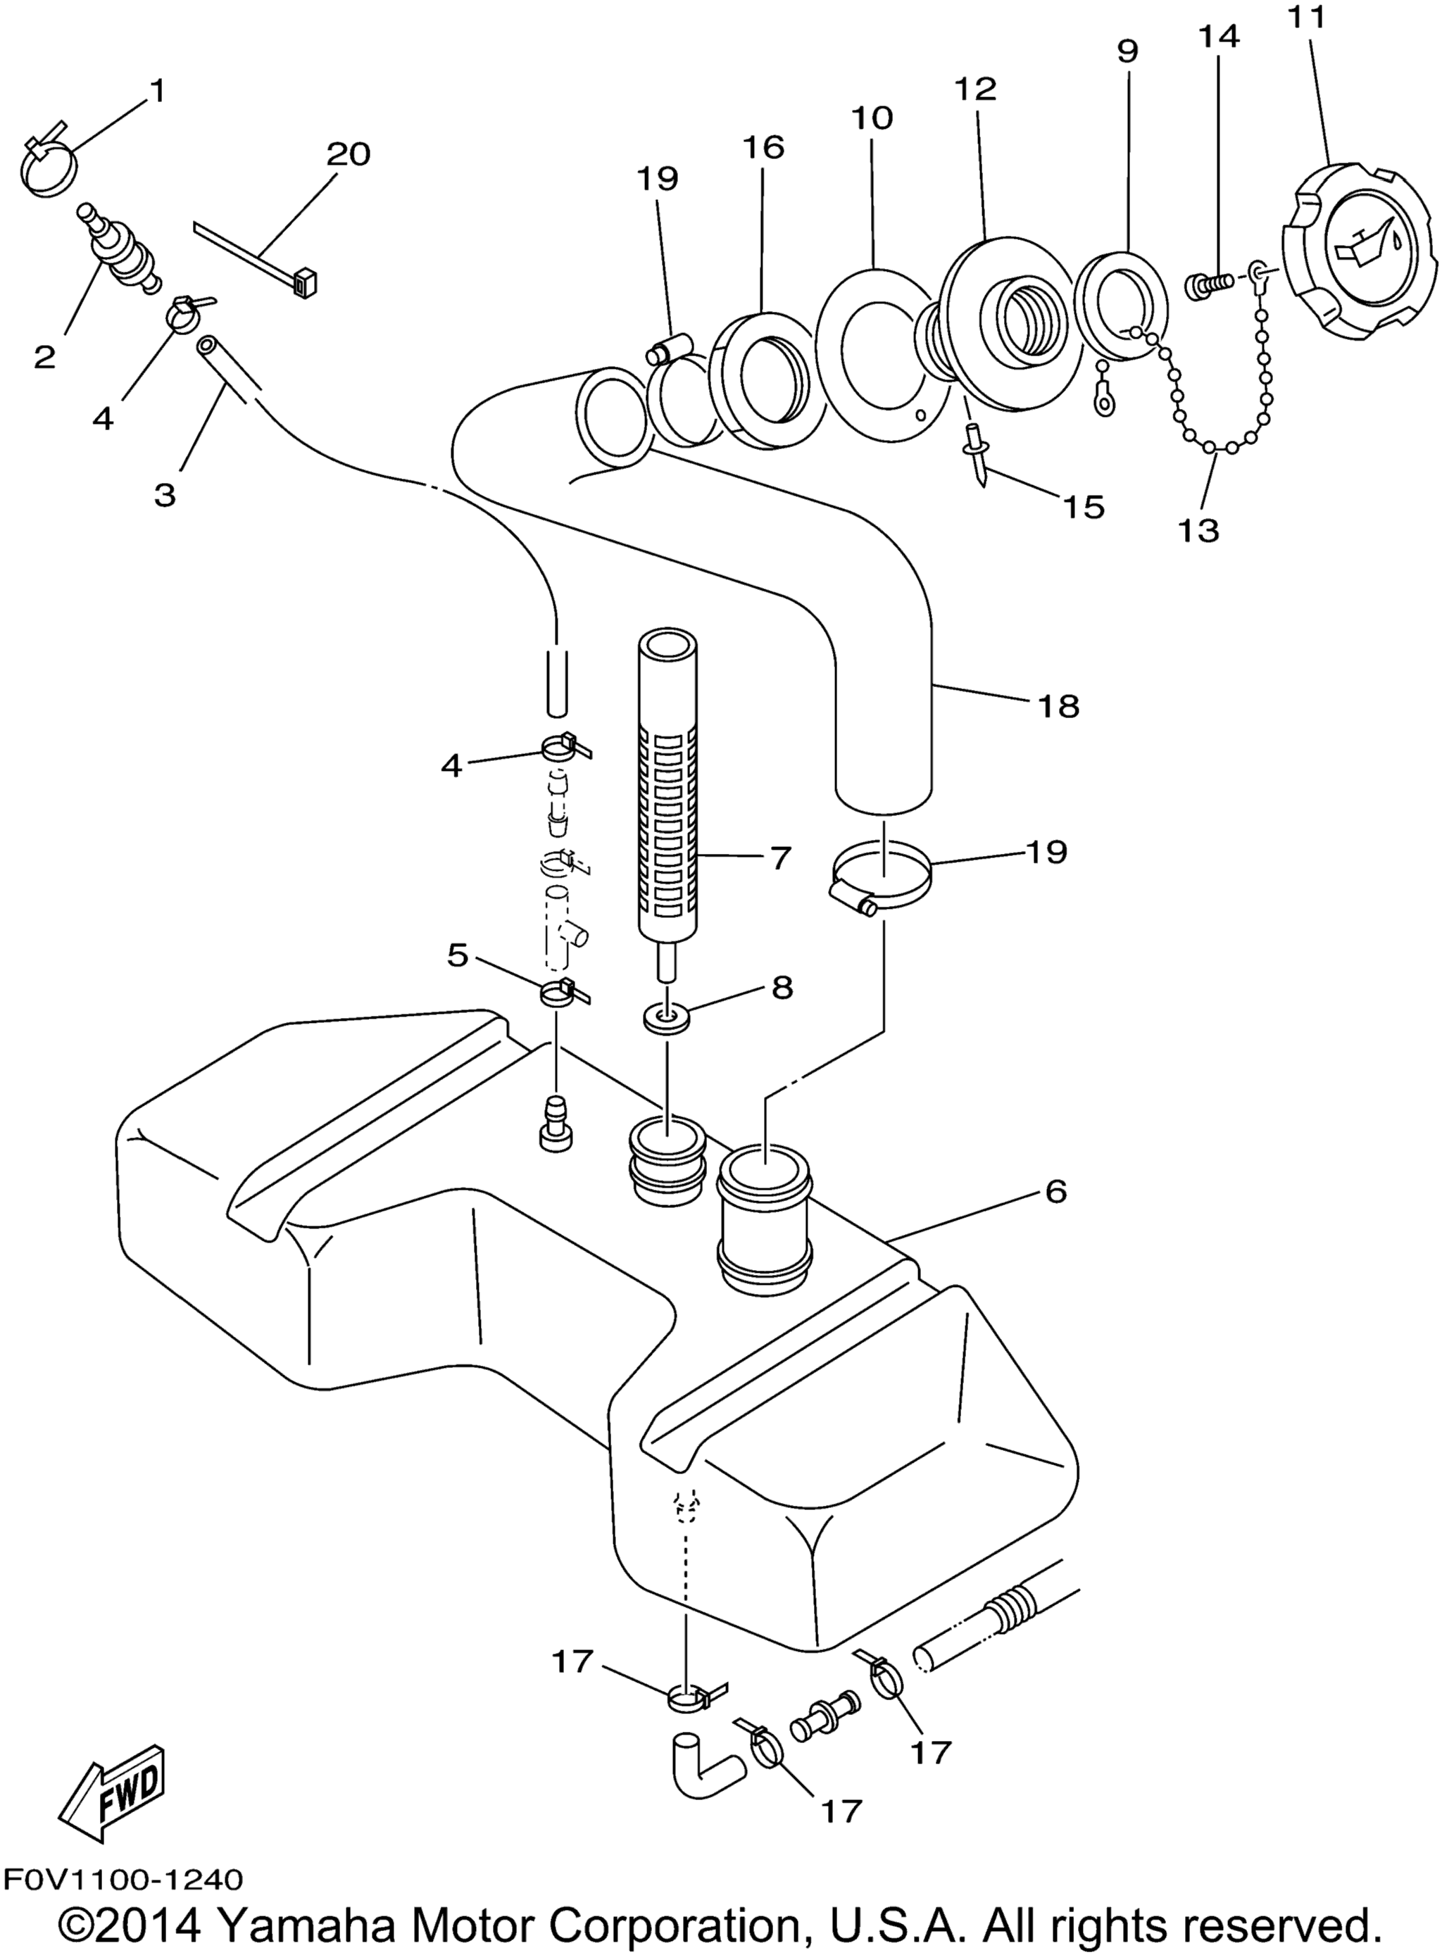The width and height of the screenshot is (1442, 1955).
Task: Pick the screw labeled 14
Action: (x=1210, y=284)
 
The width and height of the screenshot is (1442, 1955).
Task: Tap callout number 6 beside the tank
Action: (x=1055, y=1191)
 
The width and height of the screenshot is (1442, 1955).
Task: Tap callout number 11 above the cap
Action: (x=1310, y=18)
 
